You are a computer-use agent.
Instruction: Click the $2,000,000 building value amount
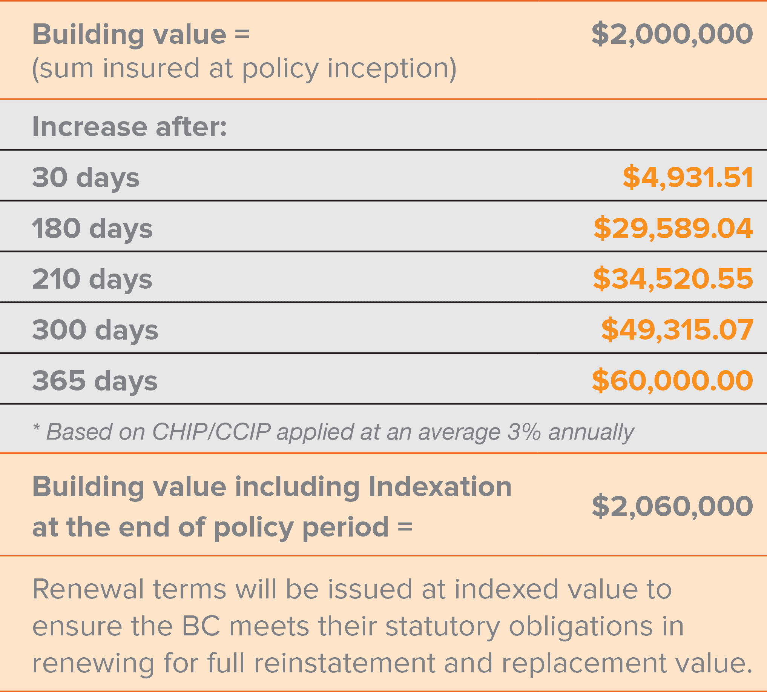pyautogui.click(x=672, y=34)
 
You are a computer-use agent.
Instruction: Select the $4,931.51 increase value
pyautogui.click(x=687, y=177)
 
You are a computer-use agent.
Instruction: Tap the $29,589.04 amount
pyautogui.click(x=673, y=228)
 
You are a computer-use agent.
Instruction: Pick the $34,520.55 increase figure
pyautogui.click(x=672, y=279)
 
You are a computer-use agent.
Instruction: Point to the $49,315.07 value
pyautogui.click(x=677, y=329)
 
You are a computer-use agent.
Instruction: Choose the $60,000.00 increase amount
pyautogui.click(x=672, y=380)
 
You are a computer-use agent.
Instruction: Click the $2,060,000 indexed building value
pyautogui.click(x=672, y=506)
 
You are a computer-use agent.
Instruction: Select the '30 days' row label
pyautogui.click(x=86, y=178)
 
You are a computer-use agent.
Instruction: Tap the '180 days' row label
pyautogui.click(x=92, y=229)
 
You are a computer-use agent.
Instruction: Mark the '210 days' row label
pyautogui.click(x=92, y=279)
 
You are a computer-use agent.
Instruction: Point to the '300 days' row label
pyautogui.click(x=95, y=330)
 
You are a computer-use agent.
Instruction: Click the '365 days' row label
pyautogui.click(x=95, y=381)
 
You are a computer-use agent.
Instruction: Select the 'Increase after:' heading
pyautogui.click(x=129, y=126)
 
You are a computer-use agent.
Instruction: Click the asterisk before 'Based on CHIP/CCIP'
pyautogui.click(x=37, y=428)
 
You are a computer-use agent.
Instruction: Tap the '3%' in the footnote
pyautogui.click(x=524, y=432)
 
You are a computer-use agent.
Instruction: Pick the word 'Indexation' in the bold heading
pyautogui.click(x=440, y=487)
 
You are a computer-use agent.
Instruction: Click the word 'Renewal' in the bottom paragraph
pyautogui.click(x=88, y=589)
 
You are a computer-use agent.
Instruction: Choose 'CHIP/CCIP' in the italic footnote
pyautogui.click(x=211, y=432)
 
